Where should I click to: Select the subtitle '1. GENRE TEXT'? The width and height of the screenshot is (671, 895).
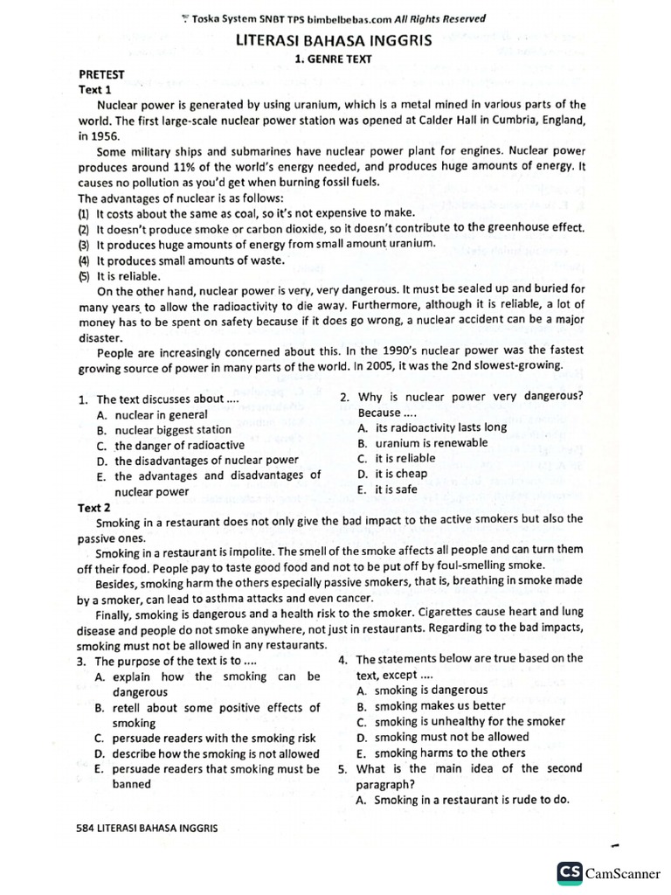(x=335, y=59)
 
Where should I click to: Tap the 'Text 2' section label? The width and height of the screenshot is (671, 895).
(x=94, y=507)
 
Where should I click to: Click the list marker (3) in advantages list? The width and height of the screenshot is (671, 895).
(x=83, y=245)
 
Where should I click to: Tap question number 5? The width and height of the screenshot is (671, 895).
(x=342, y=769)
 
